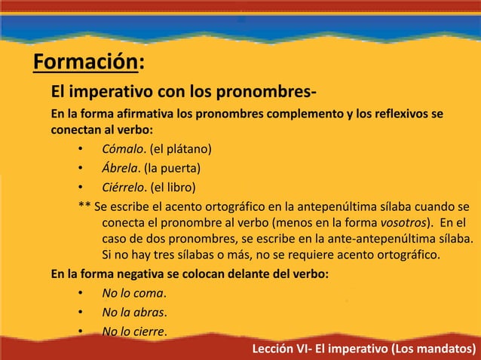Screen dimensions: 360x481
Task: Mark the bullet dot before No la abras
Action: pyautogui.click(x=80, y=313)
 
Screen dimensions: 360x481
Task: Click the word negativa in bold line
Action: pyautogui.click(x=131, y=275)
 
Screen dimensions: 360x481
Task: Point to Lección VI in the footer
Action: pyautogui.click(x=280, y=349)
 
